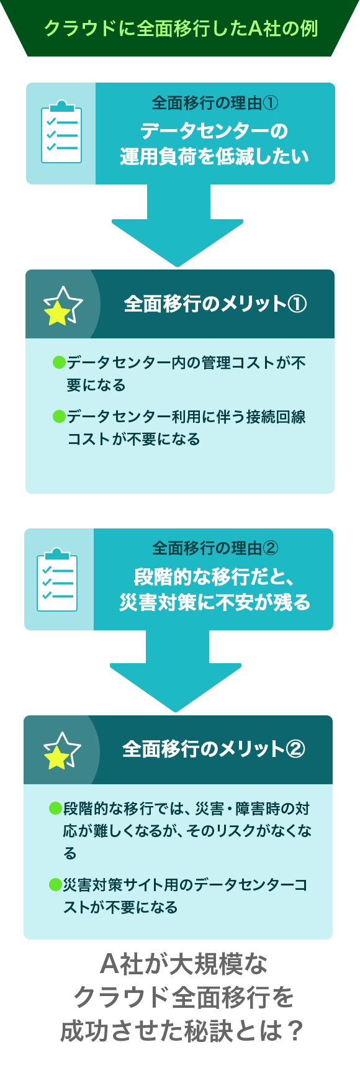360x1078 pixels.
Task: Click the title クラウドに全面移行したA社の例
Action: pyautogui.click(x=181, y=29)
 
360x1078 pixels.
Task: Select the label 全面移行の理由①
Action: pyautogui.click(x=215, y=103)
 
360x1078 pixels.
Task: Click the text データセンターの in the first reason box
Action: pyautogui.click(x=214, y=130)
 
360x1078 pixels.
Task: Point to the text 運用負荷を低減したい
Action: pyautogui.click(x=214, y=156)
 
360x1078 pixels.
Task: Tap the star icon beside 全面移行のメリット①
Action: pyautogui.click(x=62, y=305)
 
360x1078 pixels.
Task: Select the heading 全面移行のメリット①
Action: pyautogui.click(x=215, y=304)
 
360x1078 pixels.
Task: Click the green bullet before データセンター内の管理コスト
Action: pyautogui.click(x=59, y=362)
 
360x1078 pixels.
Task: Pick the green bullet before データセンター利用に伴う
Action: pyautogui.click(x=59, y=416)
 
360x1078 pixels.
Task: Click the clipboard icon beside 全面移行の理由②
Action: pyautogui.click(x=57, y=579)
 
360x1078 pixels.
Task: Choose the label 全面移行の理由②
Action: pyautogui.click(x=215, y=548)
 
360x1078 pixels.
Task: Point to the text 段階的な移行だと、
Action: pyautogui.click(x=214, y=577)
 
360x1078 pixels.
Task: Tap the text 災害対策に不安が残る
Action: pyautogui.click(x=214, y=602)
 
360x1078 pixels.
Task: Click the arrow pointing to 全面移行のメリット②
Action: pyautogui.click(x=176, y=671)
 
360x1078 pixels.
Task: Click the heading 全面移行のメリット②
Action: pyautogui.click(x=214, y=749)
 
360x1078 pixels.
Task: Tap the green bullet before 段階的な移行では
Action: pyautogui.click(x=55, y=808)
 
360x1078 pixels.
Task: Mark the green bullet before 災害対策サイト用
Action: pyautogui.click(x=55, y=884)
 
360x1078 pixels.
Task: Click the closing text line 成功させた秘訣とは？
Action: pyautogui.click(x=181, y=1031)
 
